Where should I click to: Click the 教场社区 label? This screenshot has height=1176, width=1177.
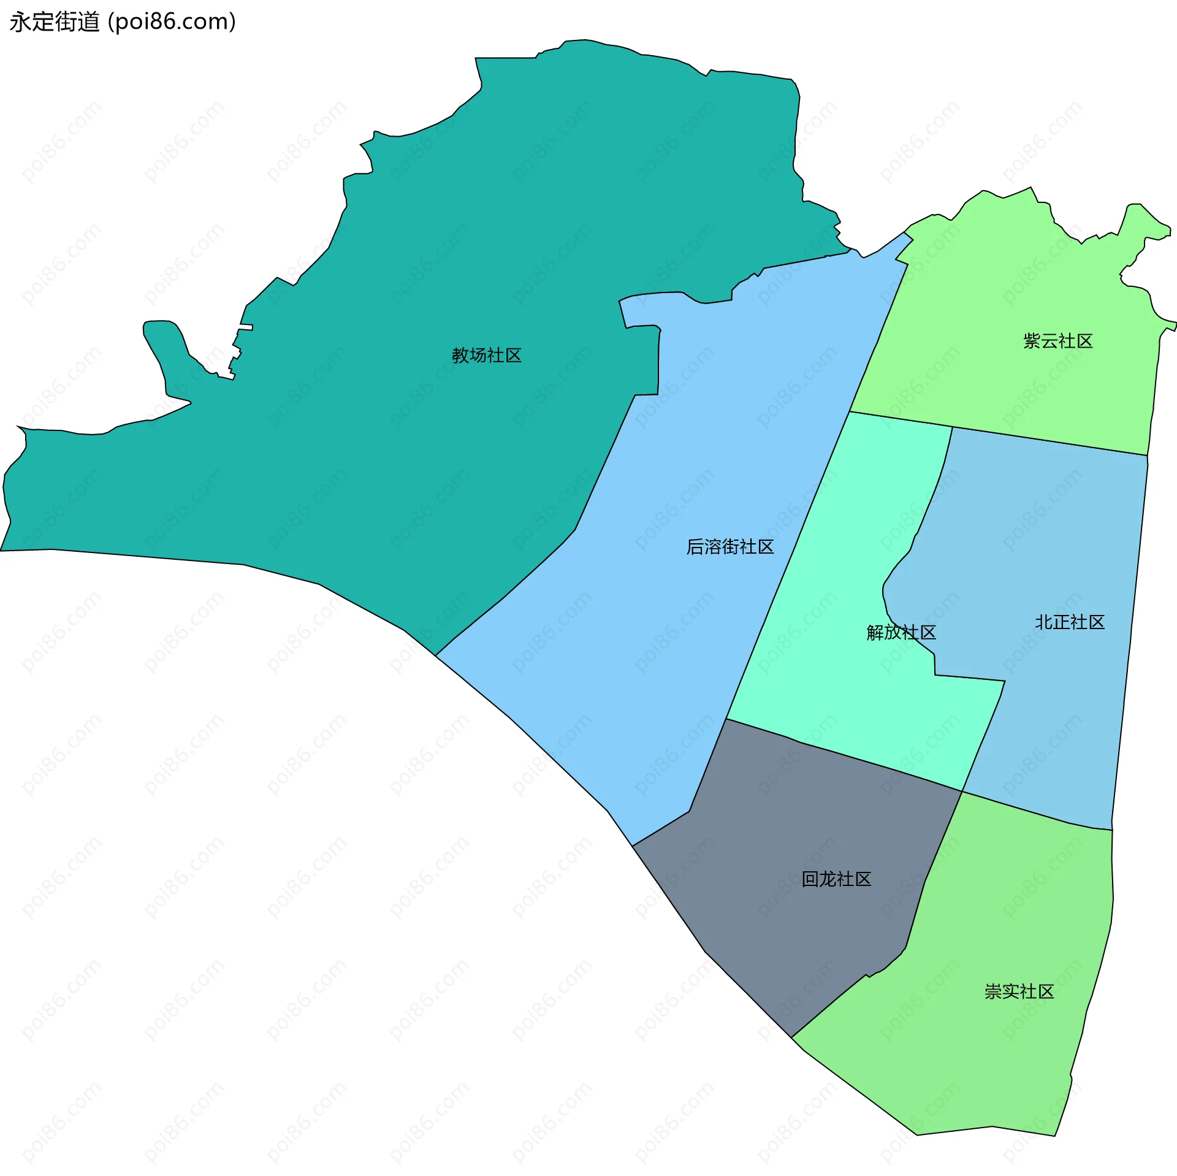click(486, 355)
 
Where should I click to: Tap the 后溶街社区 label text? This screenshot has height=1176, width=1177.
click(729, 546)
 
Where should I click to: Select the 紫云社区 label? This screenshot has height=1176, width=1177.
click(1057, 341)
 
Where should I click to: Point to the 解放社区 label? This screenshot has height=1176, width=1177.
click(901, 632)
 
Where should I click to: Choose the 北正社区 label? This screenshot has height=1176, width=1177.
click(1069, 622)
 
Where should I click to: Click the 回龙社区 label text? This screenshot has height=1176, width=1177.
click(836, 879)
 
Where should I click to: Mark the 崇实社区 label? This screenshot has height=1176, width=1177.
click(1019, 991)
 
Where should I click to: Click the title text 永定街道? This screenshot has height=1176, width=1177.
click(55, 22)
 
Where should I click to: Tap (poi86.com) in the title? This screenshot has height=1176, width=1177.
click(172, 22)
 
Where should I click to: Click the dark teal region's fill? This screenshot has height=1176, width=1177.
click(368, 429)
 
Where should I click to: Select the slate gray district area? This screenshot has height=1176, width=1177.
click(797, 920)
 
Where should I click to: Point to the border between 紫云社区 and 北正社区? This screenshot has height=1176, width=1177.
click(1048, 441)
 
